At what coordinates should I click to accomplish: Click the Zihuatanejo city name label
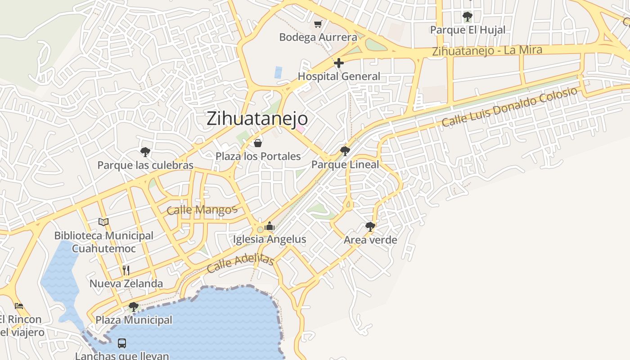257,118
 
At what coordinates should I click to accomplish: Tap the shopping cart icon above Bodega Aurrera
318,24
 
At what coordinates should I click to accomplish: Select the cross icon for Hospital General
339,63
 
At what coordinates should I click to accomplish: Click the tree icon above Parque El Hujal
468,17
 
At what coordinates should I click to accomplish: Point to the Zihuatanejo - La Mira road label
487,50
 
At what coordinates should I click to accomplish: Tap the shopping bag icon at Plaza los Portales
258,143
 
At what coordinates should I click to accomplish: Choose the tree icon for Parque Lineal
345,151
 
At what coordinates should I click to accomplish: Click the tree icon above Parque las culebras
145,152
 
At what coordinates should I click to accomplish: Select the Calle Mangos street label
202,210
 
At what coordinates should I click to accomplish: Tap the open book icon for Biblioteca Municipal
103,222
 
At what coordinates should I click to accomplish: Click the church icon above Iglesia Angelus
270,226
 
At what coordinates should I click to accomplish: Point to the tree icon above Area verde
370,226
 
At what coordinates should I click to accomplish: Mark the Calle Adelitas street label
241,263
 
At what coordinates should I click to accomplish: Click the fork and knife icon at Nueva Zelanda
126,270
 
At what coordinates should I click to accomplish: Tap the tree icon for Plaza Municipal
133,307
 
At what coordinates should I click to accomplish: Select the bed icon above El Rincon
18,306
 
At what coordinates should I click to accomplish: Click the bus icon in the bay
122,343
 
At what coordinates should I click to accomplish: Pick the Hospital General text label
339,76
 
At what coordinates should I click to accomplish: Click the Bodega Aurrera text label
318,37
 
